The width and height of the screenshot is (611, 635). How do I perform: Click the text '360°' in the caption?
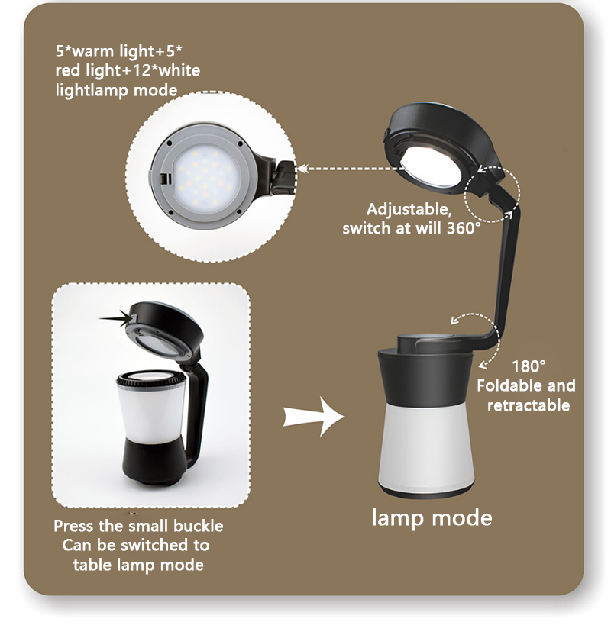click(x=464, y=228)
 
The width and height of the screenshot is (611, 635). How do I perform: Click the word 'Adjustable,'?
click(x=409, y=210)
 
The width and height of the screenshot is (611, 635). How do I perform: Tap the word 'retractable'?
click(x=529, y=405)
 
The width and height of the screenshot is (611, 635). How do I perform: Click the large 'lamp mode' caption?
click(x=432, y=519)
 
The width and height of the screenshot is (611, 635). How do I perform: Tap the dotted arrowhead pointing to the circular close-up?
click(x=302, y=168)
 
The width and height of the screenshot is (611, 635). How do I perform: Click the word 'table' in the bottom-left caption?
click(x=92, y=565)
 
